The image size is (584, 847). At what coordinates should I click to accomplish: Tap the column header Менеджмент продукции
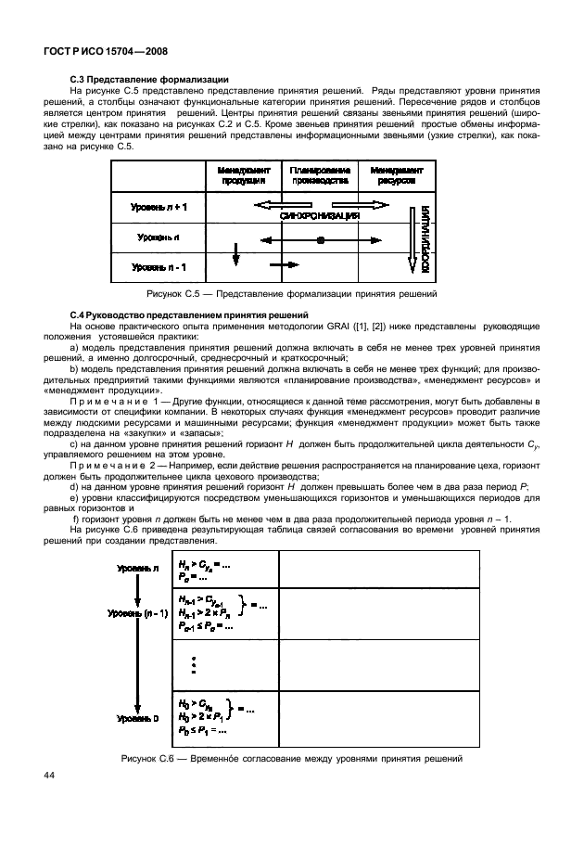(245, 175)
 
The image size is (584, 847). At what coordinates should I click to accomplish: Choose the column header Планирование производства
(320, 175)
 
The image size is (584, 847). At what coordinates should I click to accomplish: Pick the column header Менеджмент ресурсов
(397, 175)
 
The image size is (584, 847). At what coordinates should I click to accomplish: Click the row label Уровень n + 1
(158, 207)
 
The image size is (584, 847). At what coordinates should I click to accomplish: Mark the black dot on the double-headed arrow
(321, 239)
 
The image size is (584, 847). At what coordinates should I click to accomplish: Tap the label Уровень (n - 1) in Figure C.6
(137, 613)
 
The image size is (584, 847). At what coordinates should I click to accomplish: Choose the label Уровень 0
(137, 718)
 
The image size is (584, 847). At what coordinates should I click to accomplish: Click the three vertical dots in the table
(193, 666)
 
